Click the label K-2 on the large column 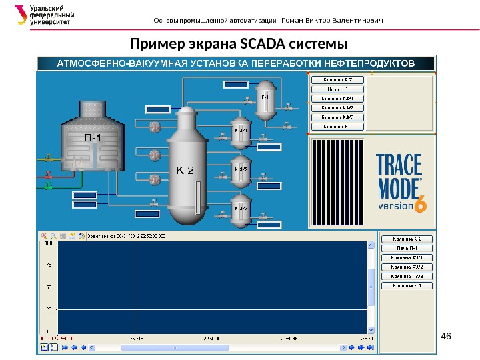point(185,169)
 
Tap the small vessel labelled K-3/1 point(241,131)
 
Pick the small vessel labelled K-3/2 point(241,170)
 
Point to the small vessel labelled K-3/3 point(241,209)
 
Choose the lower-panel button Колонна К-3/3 point(407,276)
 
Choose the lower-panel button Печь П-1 point(407,248)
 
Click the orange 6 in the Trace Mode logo point(420,204)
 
